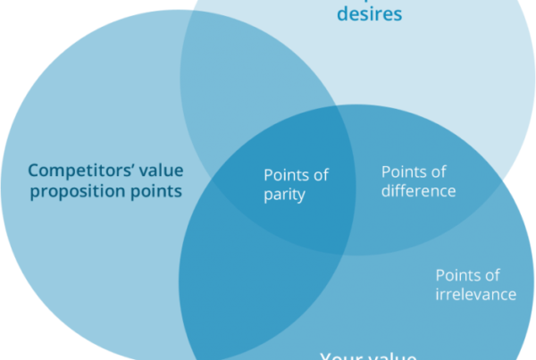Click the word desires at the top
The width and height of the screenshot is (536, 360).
tap(369, 14)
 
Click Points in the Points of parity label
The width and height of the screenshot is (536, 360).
tap(285, 176)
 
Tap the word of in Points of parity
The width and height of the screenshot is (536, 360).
tap(318, 176)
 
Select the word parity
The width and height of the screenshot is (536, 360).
tap(284, 196)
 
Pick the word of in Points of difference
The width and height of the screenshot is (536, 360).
tap(436, 172)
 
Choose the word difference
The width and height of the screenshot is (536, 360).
tap(418, 191)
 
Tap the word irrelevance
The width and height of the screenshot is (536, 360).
tap(475, 295)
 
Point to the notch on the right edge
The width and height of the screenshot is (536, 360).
tap(507, 180)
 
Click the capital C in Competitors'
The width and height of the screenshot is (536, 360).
tap(33, 170)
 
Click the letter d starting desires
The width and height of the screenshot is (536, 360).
tap(341, 14)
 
